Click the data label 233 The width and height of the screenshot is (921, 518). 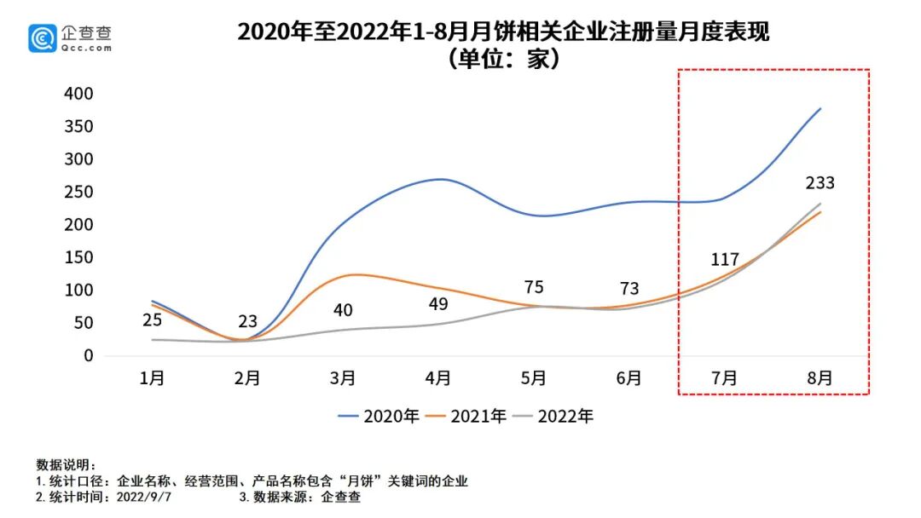click(x=819, y=182)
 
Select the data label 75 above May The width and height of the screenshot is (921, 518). click(x=534, y=287)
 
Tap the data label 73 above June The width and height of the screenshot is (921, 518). click(x=629, y=289)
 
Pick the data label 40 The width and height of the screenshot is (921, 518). click(x=343, y=310)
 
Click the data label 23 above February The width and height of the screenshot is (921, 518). click(x=247, y=322)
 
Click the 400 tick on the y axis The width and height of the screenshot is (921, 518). click(x=78, y=93)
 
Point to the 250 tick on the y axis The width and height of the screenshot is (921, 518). click(x=78, y=192)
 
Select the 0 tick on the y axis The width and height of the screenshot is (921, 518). click(x=87, y=355)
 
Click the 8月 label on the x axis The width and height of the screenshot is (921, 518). click(x=819, y=378)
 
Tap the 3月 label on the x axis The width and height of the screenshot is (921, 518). click(x=343, y=378)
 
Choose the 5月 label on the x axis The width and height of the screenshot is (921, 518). click(x=534, y=378)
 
